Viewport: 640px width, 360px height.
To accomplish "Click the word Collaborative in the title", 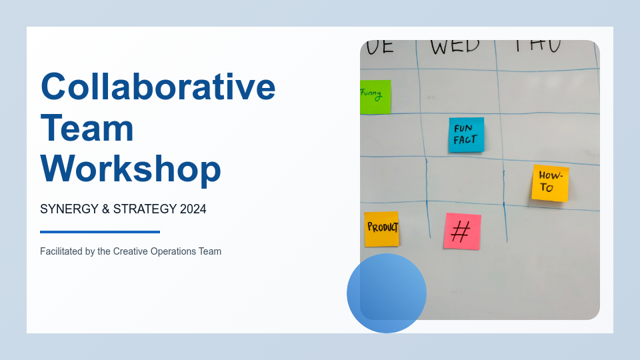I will click(158, 87).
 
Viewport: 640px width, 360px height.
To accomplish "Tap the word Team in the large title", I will click(87, 128).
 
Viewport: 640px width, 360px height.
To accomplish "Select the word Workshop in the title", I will click(131, 169).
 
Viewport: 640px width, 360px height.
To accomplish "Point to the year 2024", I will click(193, 209).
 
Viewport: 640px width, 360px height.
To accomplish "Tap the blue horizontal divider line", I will click(100, 232).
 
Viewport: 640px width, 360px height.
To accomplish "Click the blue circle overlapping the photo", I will click(387, 293).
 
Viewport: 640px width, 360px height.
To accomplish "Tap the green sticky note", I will click(375, 97).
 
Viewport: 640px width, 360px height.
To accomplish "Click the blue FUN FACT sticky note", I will click(466, 135).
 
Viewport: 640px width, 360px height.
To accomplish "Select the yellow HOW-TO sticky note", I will click(550, 183).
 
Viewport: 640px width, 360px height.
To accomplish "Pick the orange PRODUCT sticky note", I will click(381, 229).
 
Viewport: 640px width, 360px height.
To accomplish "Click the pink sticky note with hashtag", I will click(462, 231).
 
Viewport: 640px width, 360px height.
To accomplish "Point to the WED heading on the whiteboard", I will click(455, 46).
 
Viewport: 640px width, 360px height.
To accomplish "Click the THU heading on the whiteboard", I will click(537, 45).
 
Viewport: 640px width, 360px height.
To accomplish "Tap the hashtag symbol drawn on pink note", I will click(461, 232).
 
